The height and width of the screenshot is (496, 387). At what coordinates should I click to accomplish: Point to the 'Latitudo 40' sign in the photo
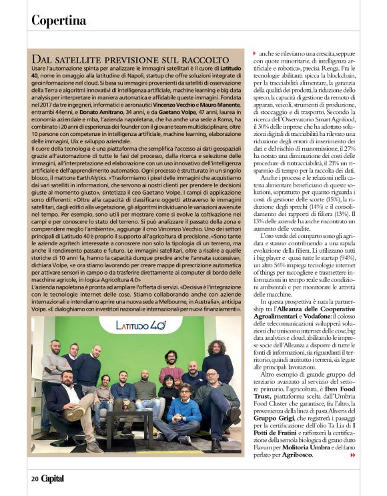(x=140, y=326)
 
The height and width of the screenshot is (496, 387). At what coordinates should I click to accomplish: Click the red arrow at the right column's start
(x=254, y=52)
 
